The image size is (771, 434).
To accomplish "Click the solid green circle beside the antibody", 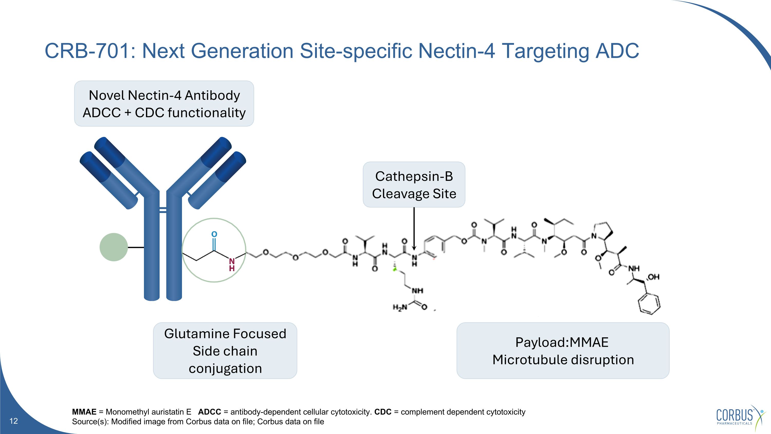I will pos(114,247).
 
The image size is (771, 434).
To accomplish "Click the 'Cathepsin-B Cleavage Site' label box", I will pos(414,184).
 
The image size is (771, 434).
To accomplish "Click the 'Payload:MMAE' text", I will pos(562,342).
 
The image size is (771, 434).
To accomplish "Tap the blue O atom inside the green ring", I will pos(214,234).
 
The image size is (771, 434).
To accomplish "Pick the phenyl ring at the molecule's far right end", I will pos(649,304).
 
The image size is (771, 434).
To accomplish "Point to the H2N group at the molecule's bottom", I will pos(400,307).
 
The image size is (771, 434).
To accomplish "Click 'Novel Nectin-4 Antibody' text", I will pos(164,95).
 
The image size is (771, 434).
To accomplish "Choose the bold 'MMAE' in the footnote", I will pos(84,412).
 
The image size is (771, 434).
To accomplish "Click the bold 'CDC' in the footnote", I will pos(383,412).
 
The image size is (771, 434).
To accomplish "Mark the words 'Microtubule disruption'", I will pos(563,360).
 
